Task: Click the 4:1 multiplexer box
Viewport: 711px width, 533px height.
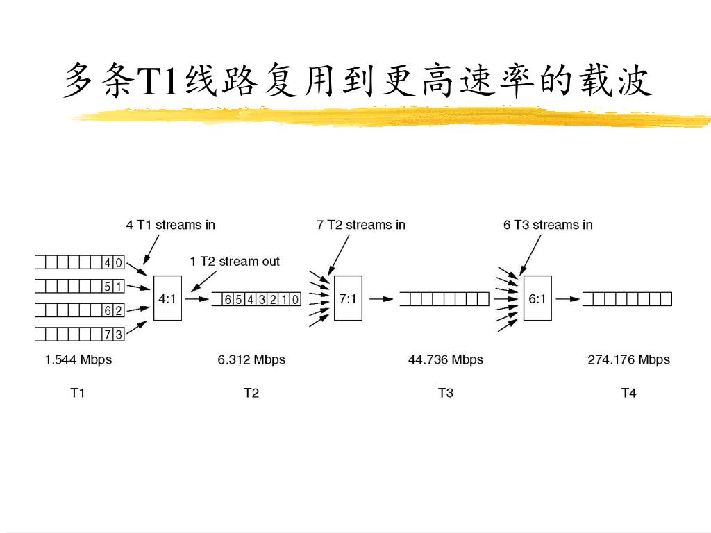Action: [167, 299]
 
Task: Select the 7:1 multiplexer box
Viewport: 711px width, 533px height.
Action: [348, 299]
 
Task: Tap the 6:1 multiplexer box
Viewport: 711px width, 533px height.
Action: [537, 299]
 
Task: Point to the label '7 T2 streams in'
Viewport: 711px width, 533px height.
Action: [361, 225]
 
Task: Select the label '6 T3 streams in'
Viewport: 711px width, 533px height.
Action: [548, 225]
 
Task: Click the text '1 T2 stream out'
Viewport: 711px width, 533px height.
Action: [235, 262]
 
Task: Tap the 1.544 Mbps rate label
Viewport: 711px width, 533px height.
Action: [78, 359]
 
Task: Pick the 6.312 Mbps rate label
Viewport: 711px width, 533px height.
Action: [251, 359]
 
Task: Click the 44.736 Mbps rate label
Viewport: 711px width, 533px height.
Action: [445, 359]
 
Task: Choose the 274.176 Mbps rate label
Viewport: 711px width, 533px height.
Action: [628, 359]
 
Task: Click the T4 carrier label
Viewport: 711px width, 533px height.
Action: [628, 393]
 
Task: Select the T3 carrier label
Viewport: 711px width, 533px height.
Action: [445, 393]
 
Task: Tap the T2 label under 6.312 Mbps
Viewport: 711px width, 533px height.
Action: [251, 393]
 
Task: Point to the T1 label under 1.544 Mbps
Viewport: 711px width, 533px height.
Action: [78, 393]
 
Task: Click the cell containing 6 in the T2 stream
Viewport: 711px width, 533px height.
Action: [228, 299]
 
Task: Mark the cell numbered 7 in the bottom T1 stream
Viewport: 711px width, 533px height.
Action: [108, 335]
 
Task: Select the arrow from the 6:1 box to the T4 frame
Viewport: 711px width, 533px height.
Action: [568, 299]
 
